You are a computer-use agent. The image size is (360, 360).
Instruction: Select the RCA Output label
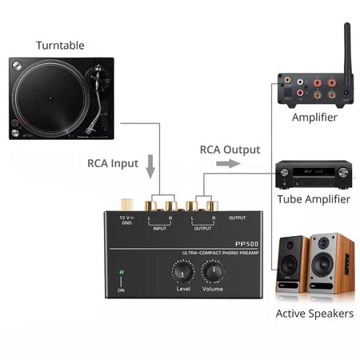point(229,149)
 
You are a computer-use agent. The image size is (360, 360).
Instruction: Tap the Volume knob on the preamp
point(213,272)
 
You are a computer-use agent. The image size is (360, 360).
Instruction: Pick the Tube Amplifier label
point(314,199)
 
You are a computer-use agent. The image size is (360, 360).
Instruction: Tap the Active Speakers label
point(314,314)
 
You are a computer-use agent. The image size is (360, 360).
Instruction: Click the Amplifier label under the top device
point(314,118)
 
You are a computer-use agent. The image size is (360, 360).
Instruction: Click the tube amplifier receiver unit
point(313,174)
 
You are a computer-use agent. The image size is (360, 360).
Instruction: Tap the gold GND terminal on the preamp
point(127,206)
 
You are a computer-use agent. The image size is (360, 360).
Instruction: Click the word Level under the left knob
point(183,289)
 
